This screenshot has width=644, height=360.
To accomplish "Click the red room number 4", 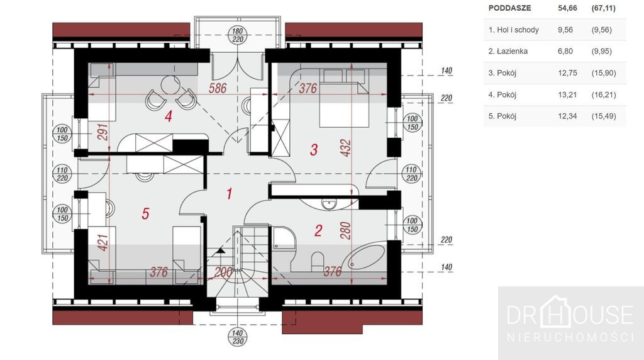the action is coord(168,116).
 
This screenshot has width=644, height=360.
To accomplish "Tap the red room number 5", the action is coord(145,213).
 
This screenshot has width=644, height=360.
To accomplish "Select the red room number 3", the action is coord(314,150).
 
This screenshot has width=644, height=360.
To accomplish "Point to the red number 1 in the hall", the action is coord(230,194).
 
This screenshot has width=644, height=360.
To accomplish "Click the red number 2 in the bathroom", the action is coord(318,230).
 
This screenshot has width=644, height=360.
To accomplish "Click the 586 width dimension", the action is coord(217,88).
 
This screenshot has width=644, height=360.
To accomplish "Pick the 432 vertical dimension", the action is coord(346,148).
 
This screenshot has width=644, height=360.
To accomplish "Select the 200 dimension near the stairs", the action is coord(223,272).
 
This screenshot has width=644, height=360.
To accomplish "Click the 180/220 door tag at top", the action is coord(237,35).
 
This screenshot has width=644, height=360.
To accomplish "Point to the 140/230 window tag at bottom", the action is coord(237,337).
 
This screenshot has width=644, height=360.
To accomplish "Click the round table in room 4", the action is coord(170,85).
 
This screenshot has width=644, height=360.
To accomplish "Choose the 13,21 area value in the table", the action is coord(567,94).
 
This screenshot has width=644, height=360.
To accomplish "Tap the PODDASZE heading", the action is coord(509,8).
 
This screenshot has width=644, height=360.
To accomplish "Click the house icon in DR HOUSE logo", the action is coord(556,312).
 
